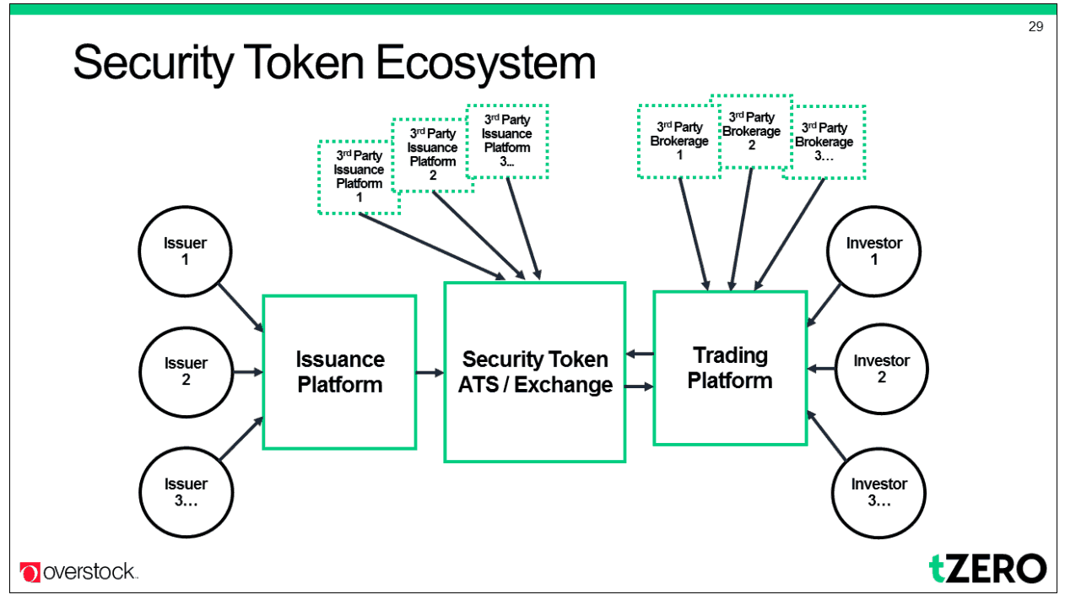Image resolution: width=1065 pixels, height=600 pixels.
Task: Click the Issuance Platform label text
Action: (x=340, y=372)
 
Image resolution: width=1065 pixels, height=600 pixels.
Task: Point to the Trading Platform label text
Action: (x=730, y=368)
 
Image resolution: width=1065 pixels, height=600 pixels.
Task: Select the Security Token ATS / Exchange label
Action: (x=535, y=372)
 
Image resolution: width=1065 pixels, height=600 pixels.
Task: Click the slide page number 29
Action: (x=1035, y=27)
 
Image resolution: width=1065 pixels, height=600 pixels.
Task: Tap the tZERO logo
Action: (x=987, y=568)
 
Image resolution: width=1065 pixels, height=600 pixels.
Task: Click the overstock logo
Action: (x=78, y=571)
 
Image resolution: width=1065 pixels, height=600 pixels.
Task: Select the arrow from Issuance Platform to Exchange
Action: (x=430, y=372)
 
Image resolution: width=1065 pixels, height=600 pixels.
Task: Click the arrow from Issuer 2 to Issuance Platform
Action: (x=248, y=372)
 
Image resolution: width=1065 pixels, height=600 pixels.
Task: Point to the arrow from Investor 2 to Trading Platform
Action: (x=821, y=369)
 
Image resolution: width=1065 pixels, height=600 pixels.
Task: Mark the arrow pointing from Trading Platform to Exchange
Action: (x=640, y=354)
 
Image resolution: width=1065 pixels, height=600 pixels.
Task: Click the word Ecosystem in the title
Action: (x=485, y=63)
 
